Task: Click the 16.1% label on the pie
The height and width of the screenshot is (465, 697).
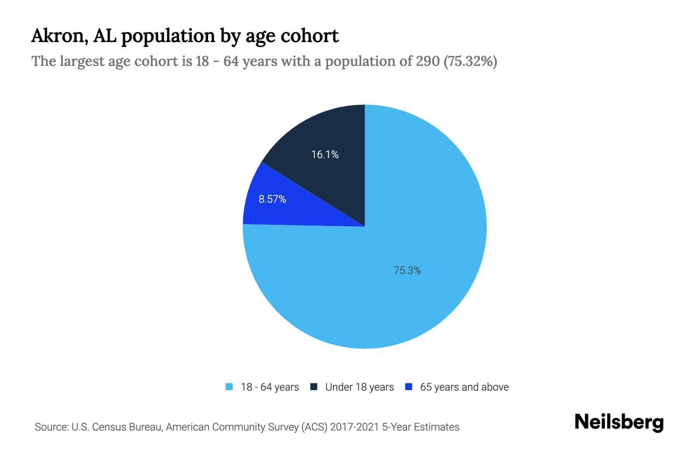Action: pyautogui.click(x=325, y=155)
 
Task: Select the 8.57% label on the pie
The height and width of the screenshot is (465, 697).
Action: pyautogui.click(x=272, y=199)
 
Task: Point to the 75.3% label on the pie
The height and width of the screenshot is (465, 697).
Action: pyautogui.click(x=407, y=270)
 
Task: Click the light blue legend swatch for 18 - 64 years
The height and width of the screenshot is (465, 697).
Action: pyautogui.click(x=229, y=387)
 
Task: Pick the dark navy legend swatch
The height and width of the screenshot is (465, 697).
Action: pyautogui.click(x=314, y=387)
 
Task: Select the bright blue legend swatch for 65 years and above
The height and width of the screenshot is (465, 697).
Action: pyautogui.click(x=408, y=387)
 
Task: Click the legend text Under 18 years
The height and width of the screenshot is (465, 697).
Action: pyautogui.click(x=359, y=387)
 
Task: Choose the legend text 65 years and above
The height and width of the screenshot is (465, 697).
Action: pyautogui.click(x=464, y=387)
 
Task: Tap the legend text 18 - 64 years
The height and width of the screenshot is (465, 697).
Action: pyautogui.click(x=270, y=387)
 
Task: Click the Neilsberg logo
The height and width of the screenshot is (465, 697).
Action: pyautogui.click(x=619, y=422)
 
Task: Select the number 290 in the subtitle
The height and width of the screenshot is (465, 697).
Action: pyautogui.click(x=427, y=61)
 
